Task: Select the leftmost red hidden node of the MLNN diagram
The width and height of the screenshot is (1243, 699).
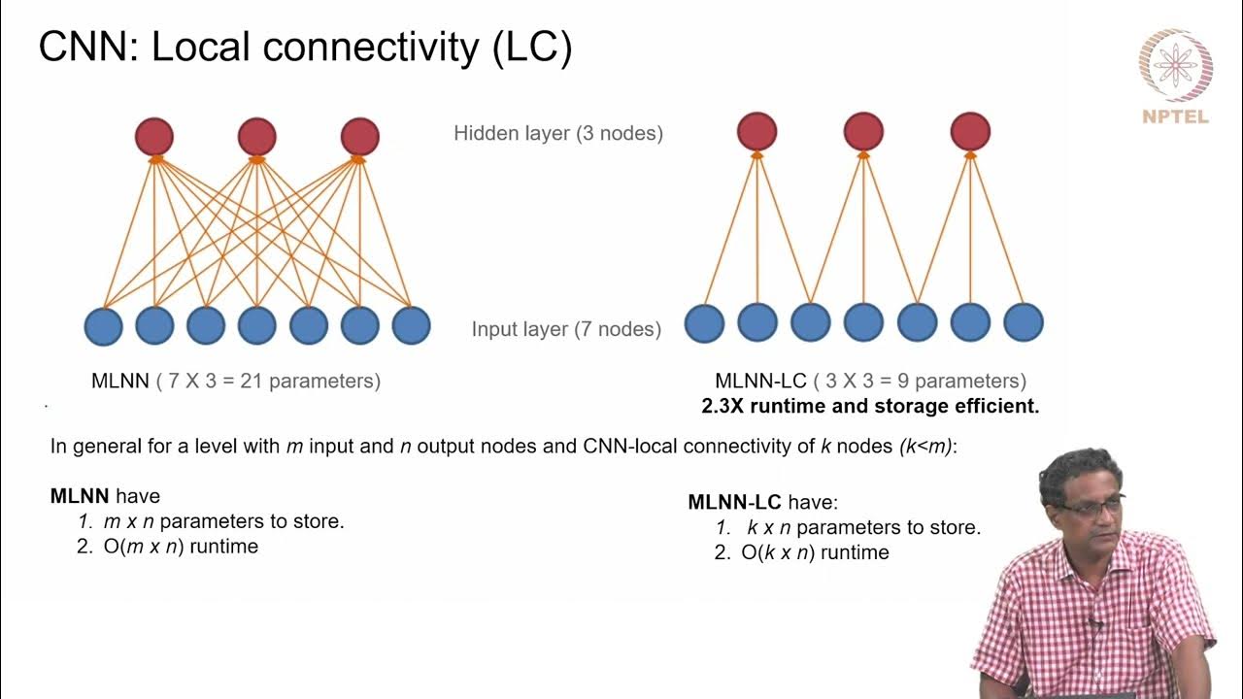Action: pos(153,137)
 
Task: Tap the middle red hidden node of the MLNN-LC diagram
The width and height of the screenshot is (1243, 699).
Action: pos(863,131)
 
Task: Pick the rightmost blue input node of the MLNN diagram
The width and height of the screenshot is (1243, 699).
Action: pos(411,326)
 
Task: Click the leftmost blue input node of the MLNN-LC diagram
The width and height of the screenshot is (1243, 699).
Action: pos(704,323)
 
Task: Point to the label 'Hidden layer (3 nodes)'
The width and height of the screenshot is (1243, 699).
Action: pos(558,134)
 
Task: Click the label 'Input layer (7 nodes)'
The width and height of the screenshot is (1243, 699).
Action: pos(566,329)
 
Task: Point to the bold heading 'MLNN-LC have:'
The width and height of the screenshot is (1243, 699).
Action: pos(762,503)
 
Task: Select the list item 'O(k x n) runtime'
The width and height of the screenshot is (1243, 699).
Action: pos(814,553)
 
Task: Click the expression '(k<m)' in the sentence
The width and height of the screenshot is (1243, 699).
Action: pos(927,448)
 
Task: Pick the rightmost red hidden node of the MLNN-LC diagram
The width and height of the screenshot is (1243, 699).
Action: pos(970,131)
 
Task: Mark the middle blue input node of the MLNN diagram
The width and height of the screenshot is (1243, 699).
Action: pos(256,326)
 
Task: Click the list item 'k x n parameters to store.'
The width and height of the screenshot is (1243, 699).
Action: pos(862,528)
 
